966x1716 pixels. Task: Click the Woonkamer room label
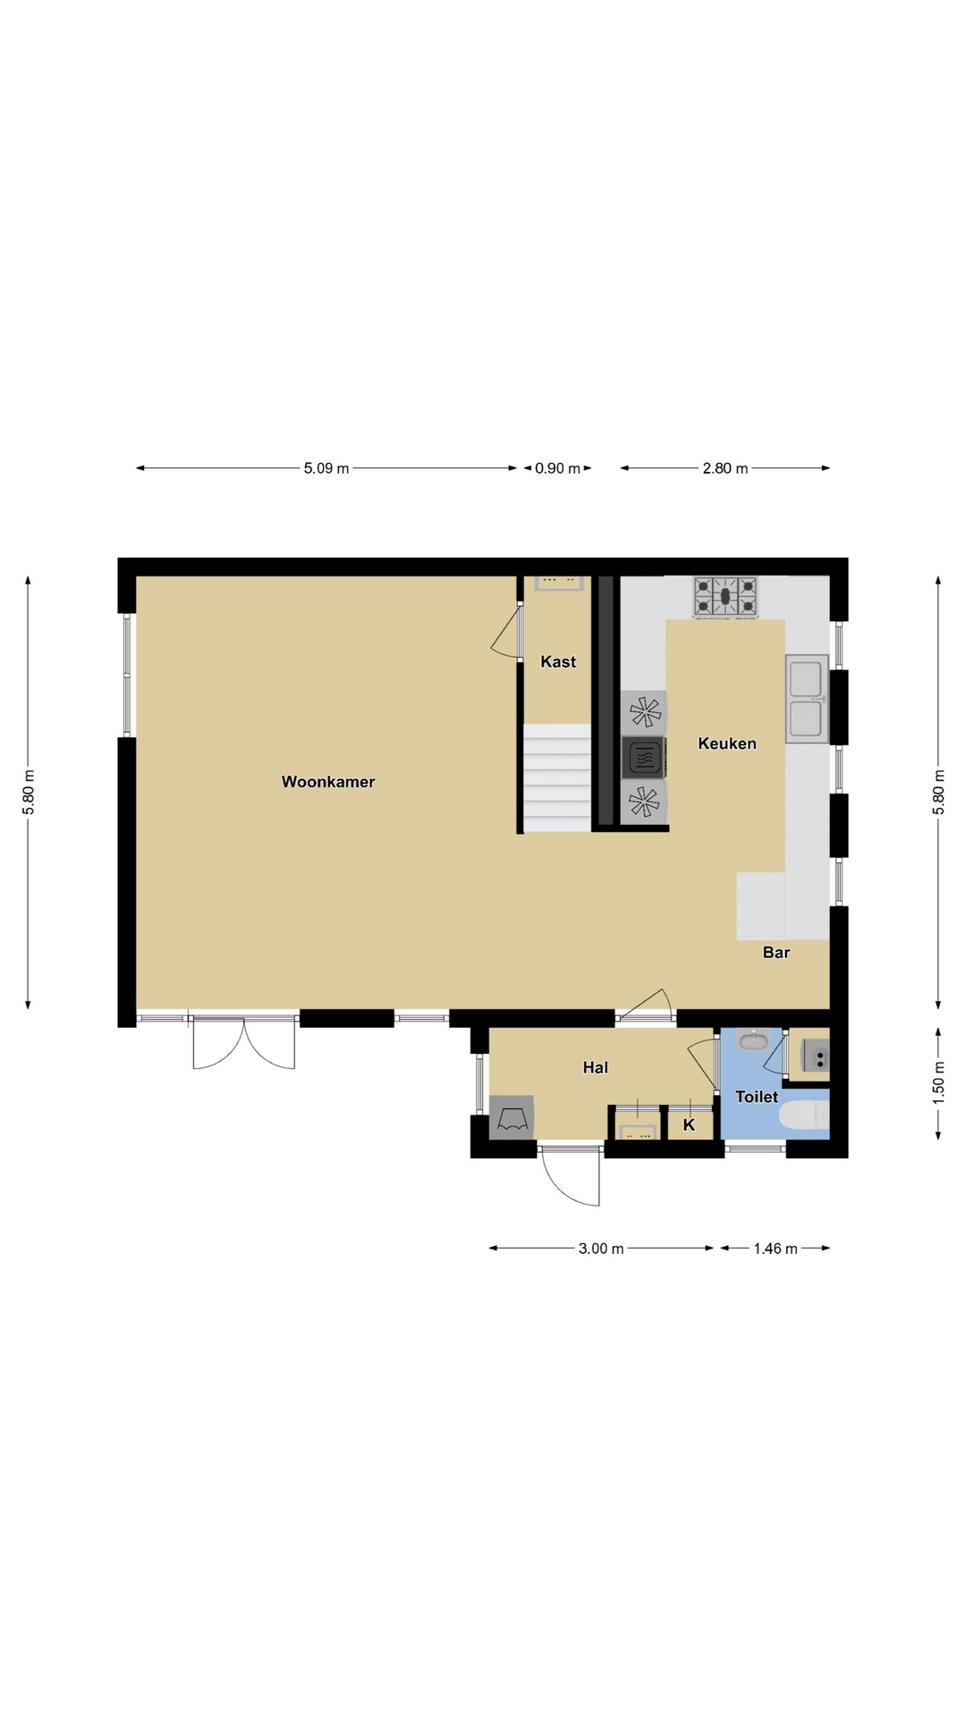[328, 782]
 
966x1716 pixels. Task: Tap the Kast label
[558, 662]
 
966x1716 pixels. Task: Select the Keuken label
[727, 744]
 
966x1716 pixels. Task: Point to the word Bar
[776, 953]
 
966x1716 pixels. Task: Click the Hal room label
[596, 1067]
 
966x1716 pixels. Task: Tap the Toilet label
[757, 1097]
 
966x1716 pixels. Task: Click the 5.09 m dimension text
[326, 468]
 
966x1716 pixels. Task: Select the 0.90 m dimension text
[558, 468]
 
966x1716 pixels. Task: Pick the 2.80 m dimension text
[725, 468]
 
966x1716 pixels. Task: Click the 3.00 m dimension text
[601, 1249]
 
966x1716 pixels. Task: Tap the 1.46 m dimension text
[775, 1249]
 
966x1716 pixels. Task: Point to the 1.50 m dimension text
[938, 1082]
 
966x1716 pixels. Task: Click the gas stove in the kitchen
[725, 597]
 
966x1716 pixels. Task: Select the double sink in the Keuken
[807, 699]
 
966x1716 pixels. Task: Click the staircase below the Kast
[557, 778]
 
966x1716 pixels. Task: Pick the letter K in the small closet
[689, 1125]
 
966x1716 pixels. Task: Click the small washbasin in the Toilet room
[754, 1039]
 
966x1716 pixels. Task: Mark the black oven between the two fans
[643, 758]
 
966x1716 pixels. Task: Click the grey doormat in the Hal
[512, 1117]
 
